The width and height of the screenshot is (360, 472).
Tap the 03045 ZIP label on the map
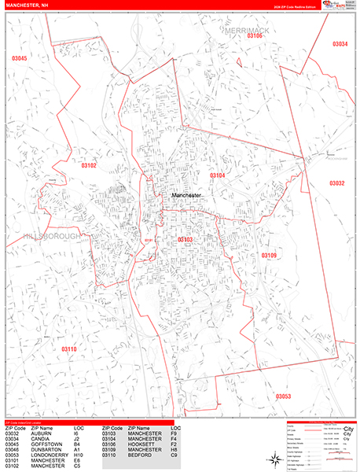[x=20, y=59]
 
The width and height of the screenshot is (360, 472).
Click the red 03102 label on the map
[x=88, y=165]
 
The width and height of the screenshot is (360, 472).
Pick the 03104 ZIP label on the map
[x=217, y=175]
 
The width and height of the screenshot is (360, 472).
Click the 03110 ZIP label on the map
[x=69, y=348]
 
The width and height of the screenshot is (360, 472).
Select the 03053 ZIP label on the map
[x=284, y=396]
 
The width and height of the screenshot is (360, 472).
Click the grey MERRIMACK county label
[x=246, y=29]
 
